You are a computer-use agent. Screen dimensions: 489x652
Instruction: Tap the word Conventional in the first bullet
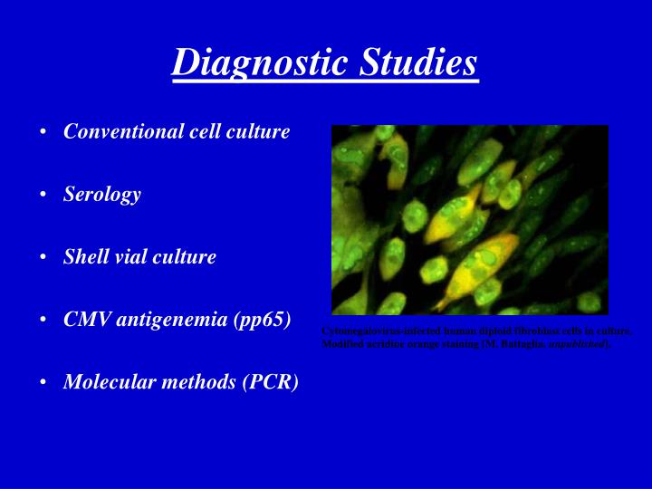115,131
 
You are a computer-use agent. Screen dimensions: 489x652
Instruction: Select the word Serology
101,194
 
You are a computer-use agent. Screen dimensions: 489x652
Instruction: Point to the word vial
128,256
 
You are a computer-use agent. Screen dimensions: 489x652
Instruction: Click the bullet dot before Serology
43,195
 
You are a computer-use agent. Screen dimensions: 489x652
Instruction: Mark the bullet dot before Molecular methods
43,382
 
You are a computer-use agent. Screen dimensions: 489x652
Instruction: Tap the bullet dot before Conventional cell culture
43,132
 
